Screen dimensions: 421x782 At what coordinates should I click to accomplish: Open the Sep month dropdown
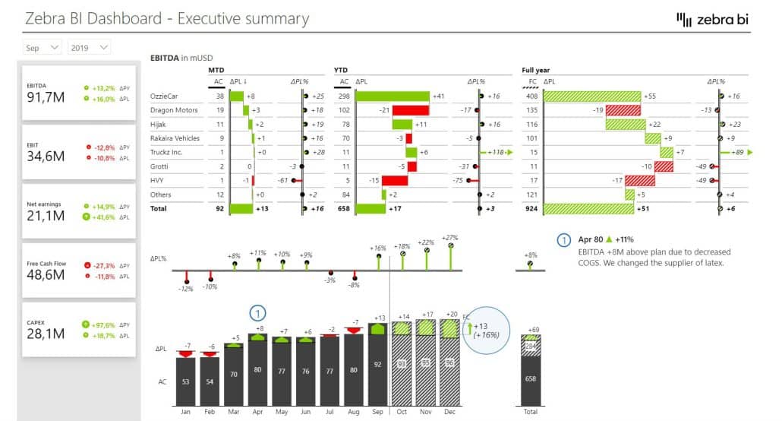pos(43,48)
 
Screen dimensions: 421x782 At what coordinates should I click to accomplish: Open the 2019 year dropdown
pos(88,48)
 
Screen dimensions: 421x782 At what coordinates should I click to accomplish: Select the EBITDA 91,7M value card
pos(79,92)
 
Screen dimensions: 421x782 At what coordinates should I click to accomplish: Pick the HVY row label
pos(157,180)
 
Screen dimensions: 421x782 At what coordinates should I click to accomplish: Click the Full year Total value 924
pos(531,208)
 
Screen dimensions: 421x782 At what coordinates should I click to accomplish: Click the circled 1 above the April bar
pos(258,312)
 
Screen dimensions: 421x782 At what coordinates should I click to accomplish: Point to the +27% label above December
pos(450,237)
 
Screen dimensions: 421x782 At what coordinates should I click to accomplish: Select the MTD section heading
pos(216,71)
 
